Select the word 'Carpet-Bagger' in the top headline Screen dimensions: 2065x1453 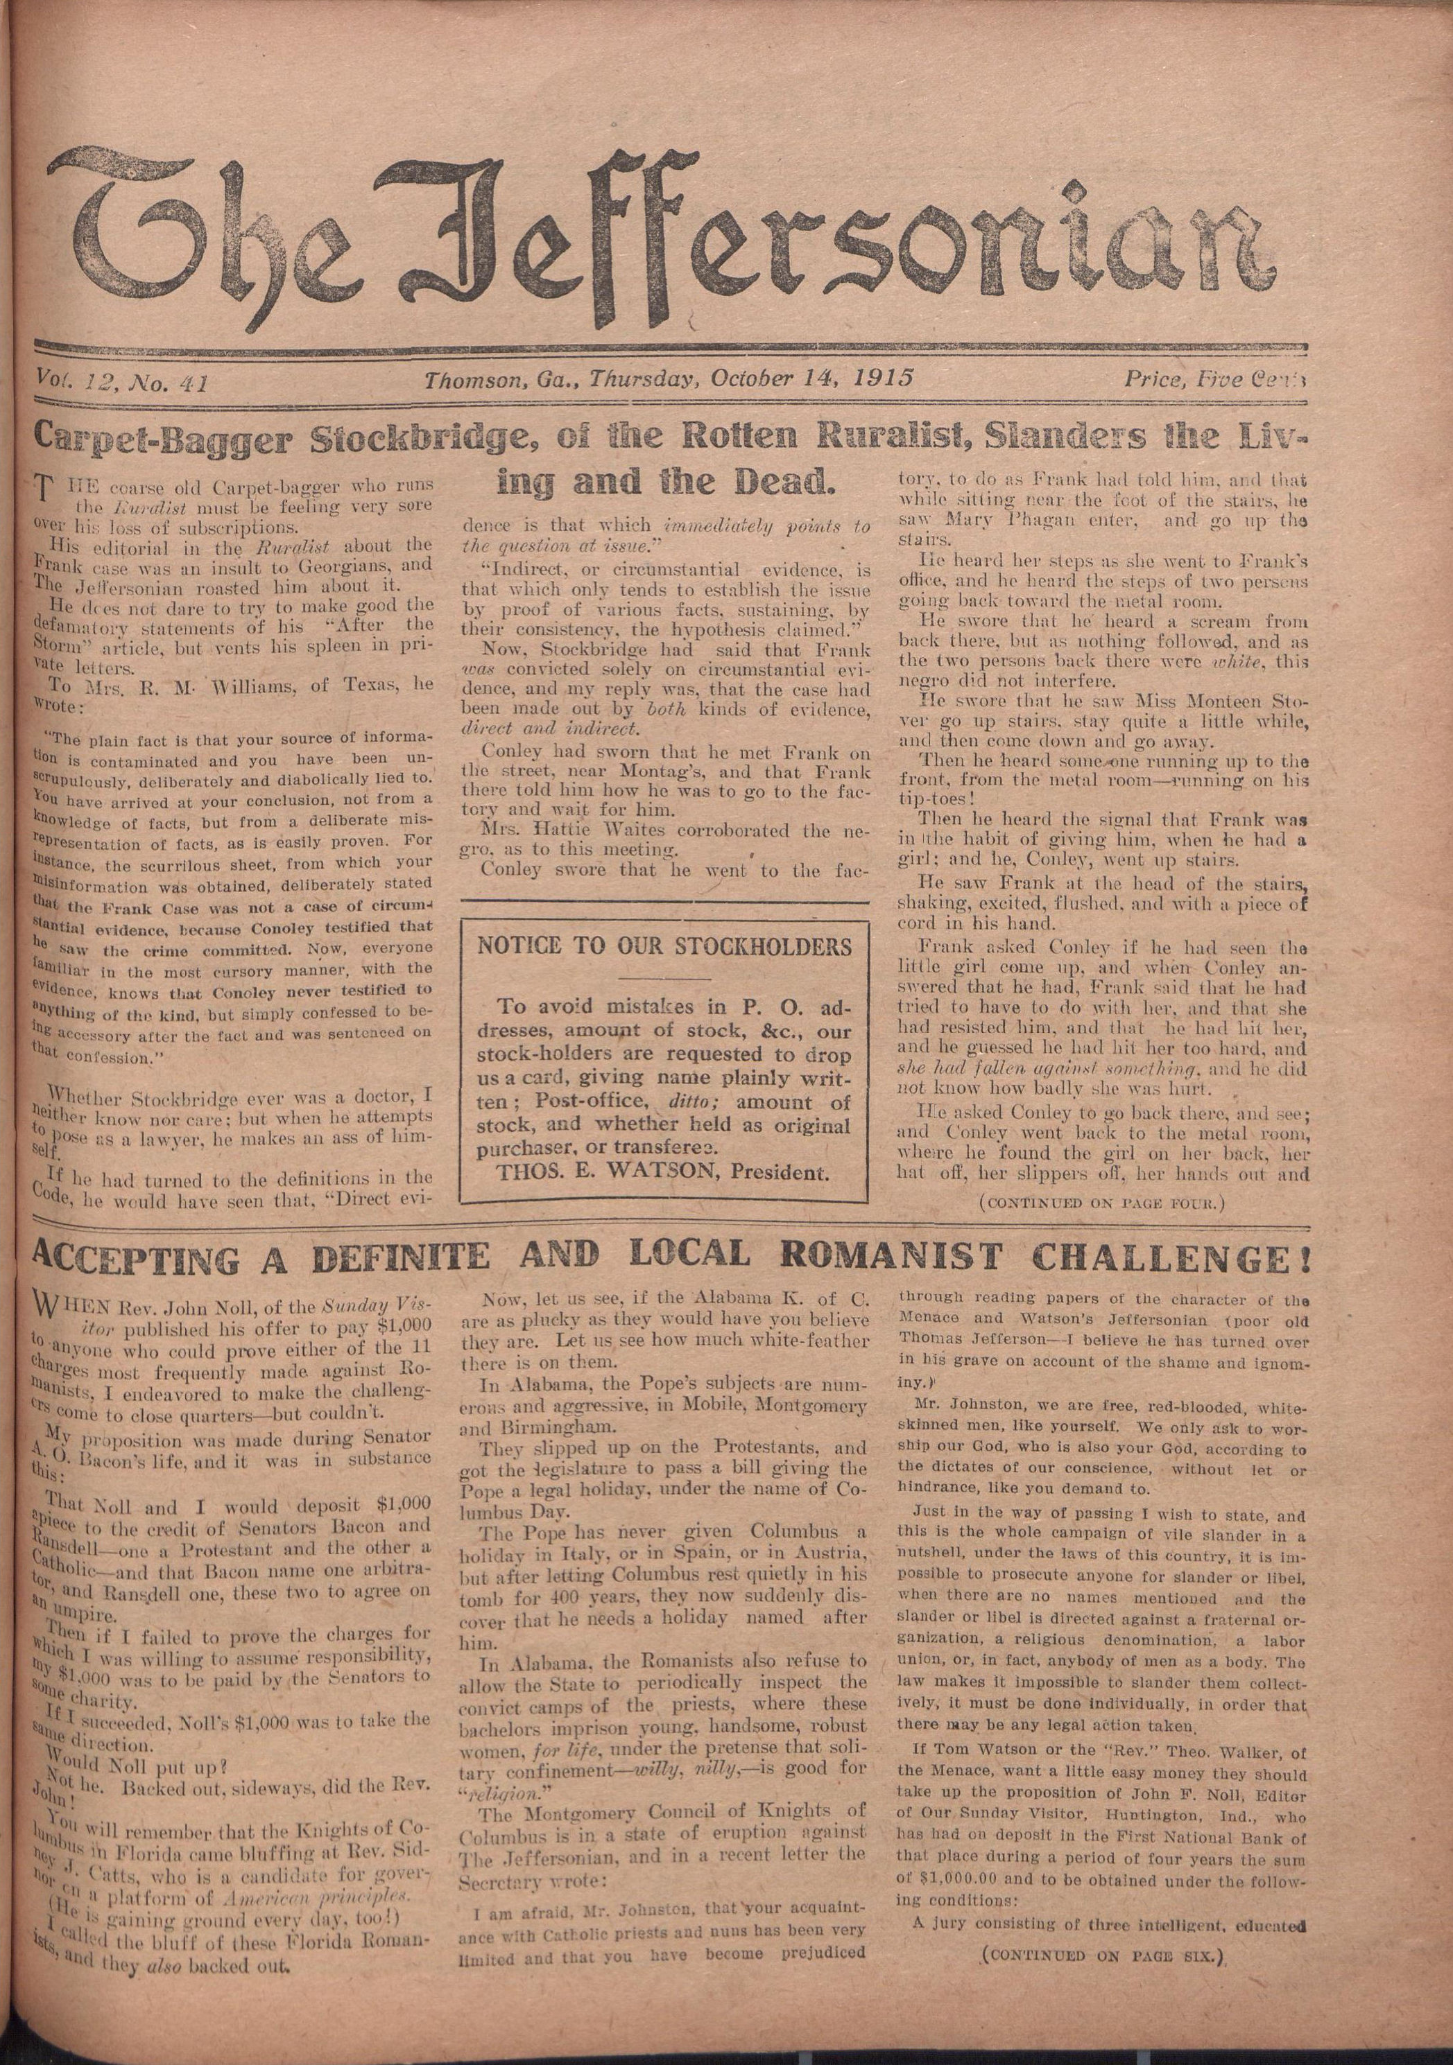(162, 439)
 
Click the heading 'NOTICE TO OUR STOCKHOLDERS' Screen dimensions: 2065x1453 (664, 946)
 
